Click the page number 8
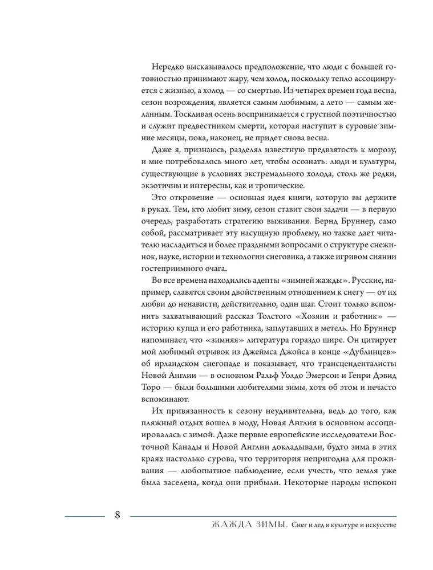point(117,516)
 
